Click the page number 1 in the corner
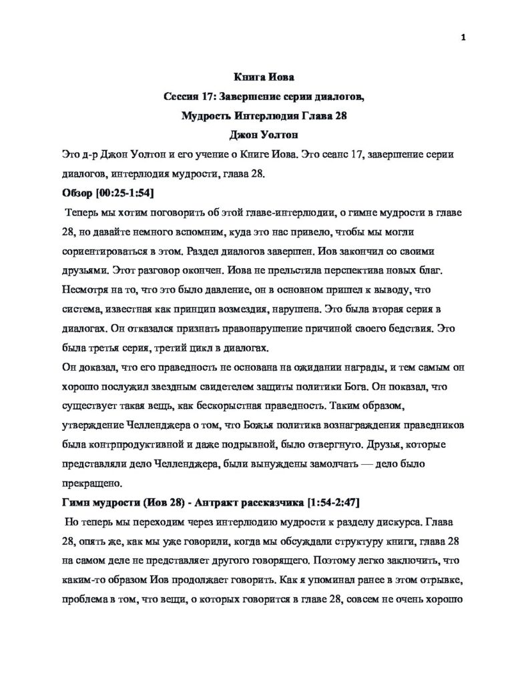coord(463,38)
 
